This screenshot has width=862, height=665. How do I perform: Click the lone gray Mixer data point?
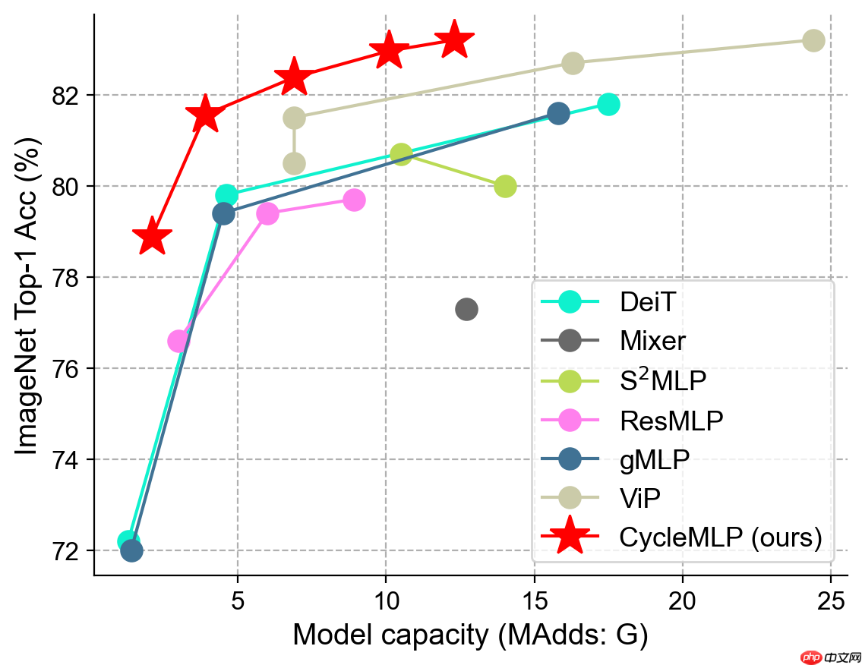point(467,310)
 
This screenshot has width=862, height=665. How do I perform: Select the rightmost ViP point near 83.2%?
point(813,41)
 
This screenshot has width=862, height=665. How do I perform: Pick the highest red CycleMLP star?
point(454,39)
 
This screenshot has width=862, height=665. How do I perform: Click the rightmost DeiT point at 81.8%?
point(608,104)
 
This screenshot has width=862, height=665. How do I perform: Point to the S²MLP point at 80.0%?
point(505,186)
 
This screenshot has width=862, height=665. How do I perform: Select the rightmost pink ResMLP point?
point(355,200)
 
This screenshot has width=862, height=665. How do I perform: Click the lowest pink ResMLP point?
point(178,342)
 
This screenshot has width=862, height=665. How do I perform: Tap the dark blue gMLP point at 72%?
point(131,550)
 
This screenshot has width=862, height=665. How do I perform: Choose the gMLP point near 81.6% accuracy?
point(558,114)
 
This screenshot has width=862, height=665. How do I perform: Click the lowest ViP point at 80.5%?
point(294,163)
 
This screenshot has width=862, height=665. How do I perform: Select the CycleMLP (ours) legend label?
point(721,537)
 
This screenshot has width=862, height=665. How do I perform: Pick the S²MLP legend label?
point(663,380)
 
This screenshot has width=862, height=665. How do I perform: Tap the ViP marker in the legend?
point(570,497)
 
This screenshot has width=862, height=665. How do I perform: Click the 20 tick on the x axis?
point(682,601)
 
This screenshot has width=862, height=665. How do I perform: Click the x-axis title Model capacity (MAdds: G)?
point(471,635)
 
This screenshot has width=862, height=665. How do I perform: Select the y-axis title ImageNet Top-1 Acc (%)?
point(27,295)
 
